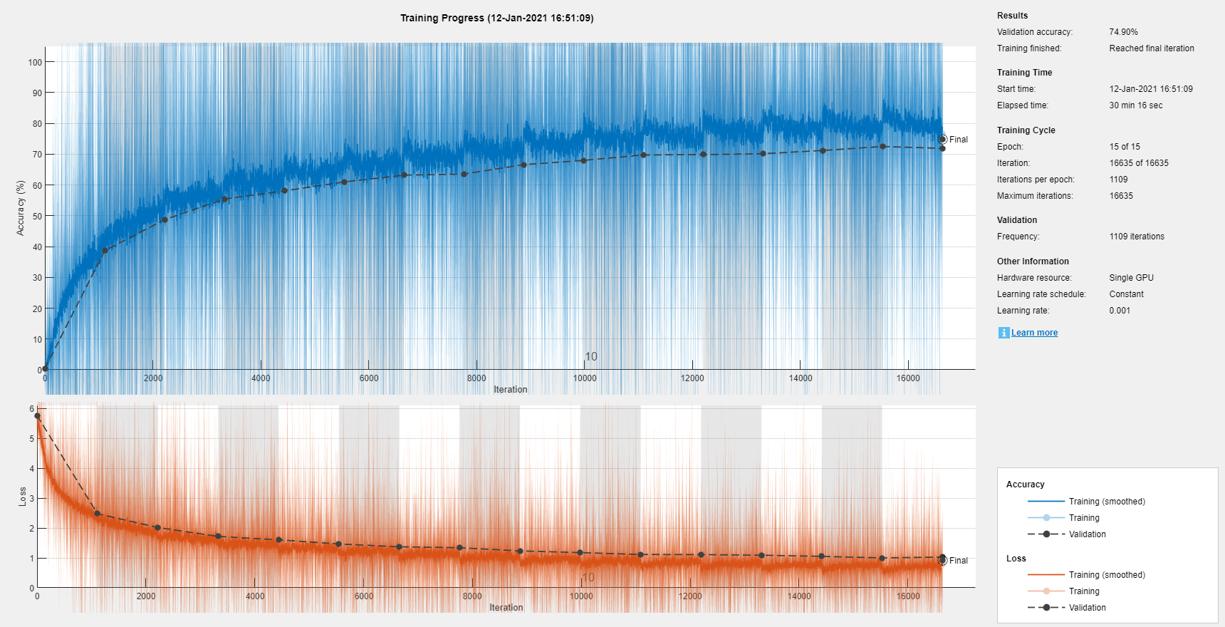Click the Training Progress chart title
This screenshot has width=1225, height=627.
(496, 18)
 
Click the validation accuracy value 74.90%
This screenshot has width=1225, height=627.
(1123, 32)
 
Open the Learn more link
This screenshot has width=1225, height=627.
(1034, 333)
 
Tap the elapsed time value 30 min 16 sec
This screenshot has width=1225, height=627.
(1135, 105)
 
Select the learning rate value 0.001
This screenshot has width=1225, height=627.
(1120, 311)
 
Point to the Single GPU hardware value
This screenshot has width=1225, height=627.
(1131, 278)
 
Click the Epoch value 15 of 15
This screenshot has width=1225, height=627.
(1125, 147)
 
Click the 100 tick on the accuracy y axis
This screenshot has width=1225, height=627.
(35, 62)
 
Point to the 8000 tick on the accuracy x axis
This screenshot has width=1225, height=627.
(476, 378)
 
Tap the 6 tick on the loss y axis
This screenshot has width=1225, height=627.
(32, 409)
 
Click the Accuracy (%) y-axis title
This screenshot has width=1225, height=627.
(21, 207)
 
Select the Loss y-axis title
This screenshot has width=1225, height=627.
(22, 497)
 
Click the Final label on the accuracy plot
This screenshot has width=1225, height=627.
(958, 140)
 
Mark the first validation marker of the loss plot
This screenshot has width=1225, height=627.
(38, 416)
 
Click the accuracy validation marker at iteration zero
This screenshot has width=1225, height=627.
(45, 368)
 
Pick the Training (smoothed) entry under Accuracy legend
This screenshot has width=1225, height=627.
(1106, 502)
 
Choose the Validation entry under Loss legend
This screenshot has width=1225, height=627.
(1087, 608)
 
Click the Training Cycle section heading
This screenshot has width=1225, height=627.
(1026, 130)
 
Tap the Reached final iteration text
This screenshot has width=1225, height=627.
(1151, 48)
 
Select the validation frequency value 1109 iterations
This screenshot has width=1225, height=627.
(1137, 237)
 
